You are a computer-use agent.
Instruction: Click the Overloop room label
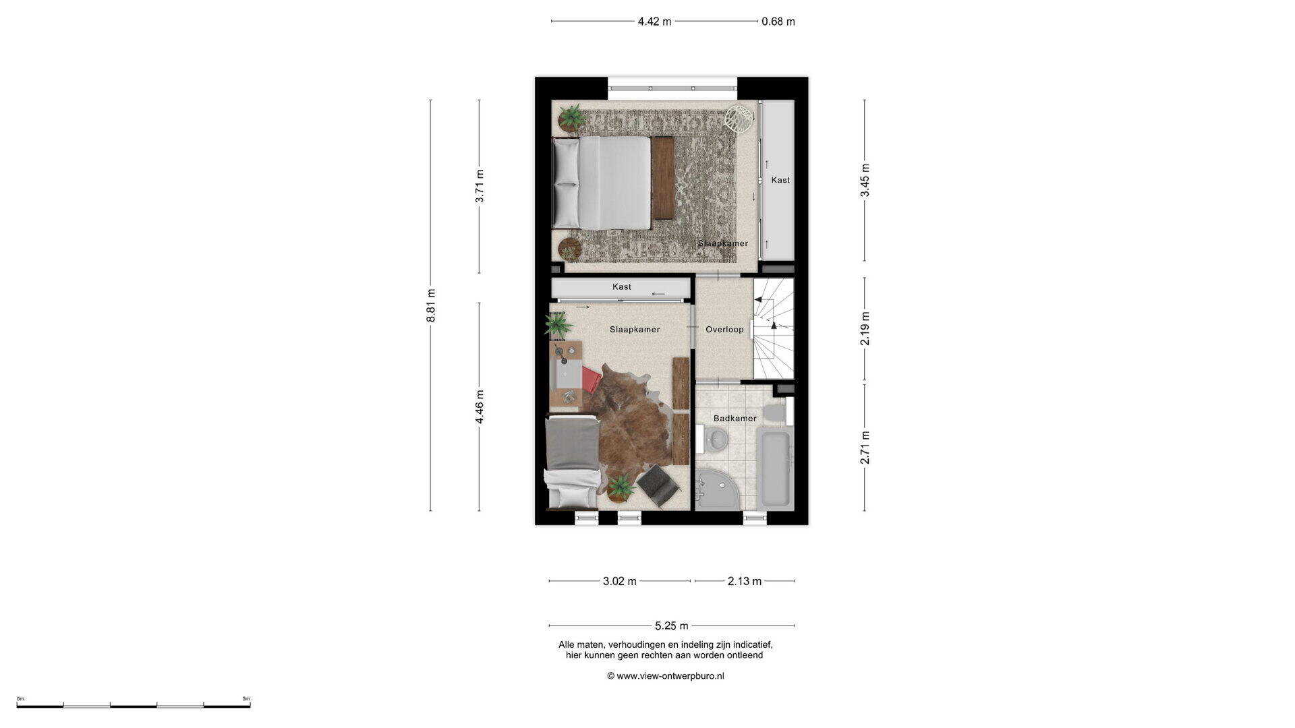pos(724,330)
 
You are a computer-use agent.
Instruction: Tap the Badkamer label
pos(735,419)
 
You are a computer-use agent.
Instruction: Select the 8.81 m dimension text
pos(431,305)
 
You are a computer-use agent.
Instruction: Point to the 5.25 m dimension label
pos(672,626)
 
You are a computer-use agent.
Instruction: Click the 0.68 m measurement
pos(778,22)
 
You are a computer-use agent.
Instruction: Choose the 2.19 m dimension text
pos(865,329)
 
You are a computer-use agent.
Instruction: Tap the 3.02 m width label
pos(620,581)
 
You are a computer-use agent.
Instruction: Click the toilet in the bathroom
pos(777,411)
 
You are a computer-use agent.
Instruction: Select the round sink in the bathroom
pos(714,439)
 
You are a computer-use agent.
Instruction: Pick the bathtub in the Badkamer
pos(775,471)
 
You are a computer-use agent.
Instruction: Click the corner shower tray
pos(718,489)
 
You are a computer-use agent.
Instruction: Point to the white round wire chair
pos(739,119)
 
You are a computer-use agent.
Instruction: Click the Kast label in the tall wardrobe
pos(780,180)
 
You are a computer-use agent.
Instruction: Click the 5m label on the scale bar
pos(246,699)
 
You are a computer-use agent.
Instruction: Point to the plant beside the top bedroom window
pos(572,118)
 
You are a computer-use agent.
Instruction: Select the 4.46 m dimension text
pos(480,407)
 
